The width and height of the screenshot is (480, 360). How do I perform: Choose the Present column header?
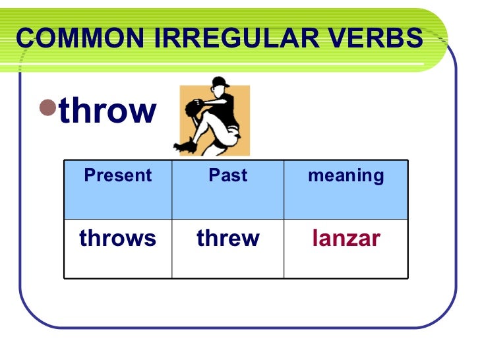[x=118, y=175]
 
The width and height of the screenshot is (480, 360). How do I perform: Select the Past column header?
[x=227, y=175]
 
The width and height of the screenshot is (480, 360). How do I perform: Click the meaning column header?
[x=345, y=175]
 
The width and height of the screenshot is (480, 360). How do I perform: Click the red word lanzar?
[x=345, y=238]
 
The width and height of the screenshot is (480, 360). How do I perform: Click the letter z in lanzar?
[x=354, y=239]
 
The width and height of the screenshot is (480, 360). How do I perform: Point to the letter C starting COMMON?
[x=24, y=39]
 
